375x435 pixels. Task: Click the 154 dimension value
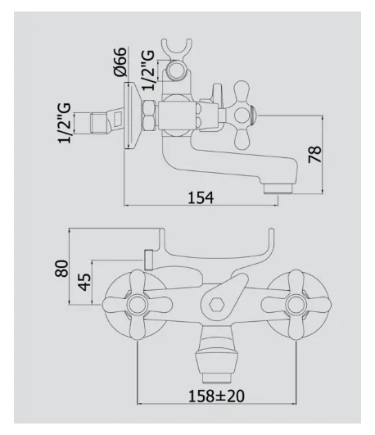click(x=201, y=197)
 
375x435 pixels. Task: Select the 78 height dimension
click(x=314, y=154)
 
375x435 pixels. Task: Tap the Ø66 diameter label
click(x=120, y=62)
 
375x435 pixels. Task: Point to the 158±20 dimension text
click(x=216, y=396)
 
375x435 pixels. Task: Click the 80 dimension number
click(x=61, y=268)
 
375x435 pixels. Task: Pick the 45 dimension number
click(x=84, y=282)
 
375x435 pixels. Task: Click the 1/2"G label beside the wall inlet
click(x=65, y=123)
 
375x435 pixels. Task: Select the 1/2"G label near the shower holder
click(x=148, y=70)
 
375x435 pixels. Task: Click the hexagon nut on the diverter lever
click(x=217, y=305)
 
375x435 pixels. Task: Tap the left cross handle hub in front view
click(x=138, y=304)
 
